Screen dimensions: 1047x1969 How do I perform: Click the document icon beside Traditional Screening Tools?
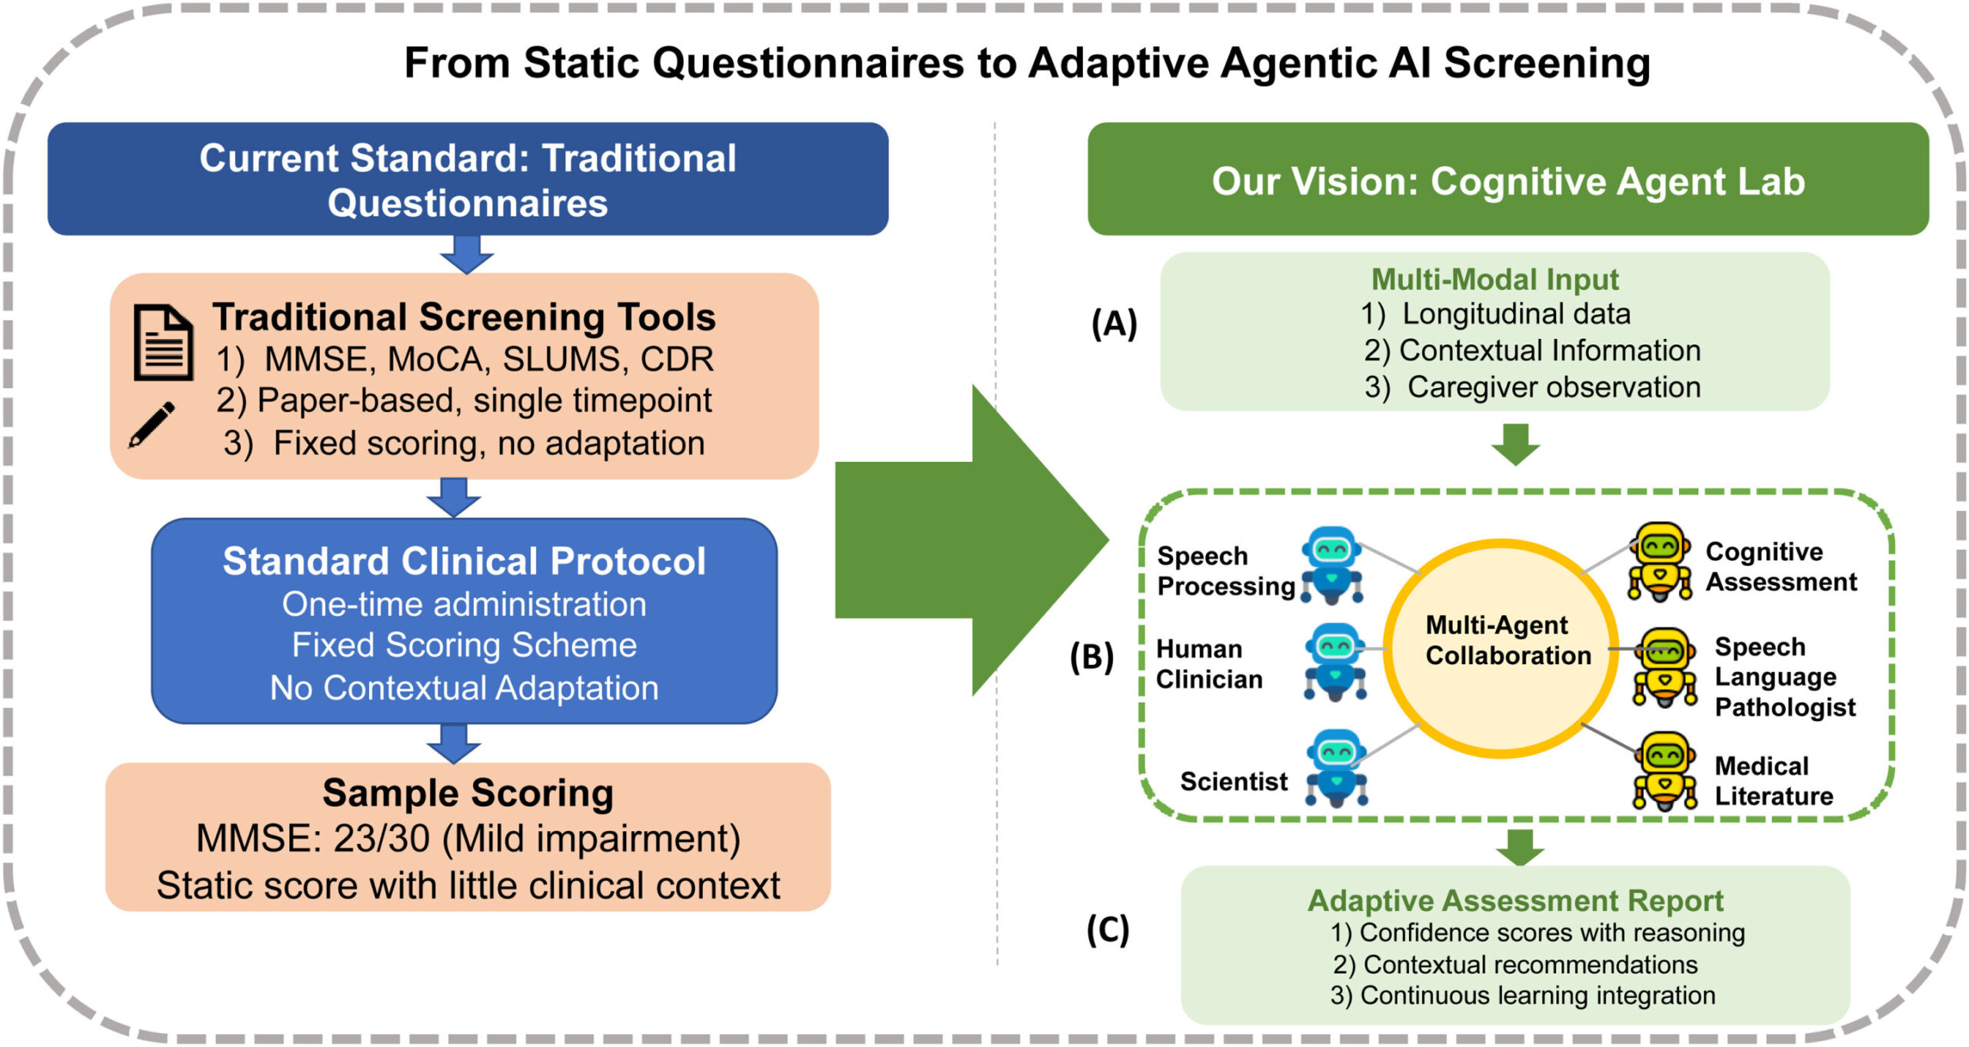tap(162, 342)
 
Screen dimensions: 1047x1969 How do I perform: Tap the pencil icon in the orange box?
tap(152, 424)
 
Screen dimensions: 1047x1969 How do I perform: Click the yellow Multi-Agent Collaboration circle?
tap(1500, 648)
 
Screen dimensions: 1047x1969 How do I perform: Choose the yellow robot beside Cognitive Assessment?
tap(1660, 561)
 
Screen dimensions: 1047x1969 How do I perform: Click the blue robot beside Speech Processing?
tap(1331, 564)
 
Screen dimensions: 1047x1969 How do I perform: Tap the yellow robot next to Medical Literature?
tap(1664, 770)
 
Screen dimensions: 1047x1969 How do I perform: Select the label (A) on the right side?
tap(1114, 323)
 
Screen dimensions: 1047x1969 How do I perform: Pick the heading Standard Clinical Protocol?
tap(464, 561)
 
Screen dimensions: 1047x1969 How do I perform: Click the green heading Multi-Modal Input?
tap(1494, 279)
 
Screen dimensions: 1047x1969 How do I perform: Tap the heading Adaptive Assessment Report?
tap(1514, 900)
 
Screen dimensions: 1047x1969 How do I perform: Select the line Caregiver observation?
tap(1553, 387)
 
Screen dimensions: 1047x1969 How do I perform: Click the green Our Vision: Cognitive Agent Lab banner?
tap(1508, 181)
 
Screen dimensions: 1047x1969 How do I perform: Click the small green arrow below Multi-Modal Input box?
tap(1515, 444)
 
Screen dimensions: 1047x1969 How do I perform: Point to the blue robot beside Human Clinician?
tap(1335, 661)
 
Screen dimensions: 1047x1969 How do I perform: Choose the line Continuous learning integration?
tap(1537, 995)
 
